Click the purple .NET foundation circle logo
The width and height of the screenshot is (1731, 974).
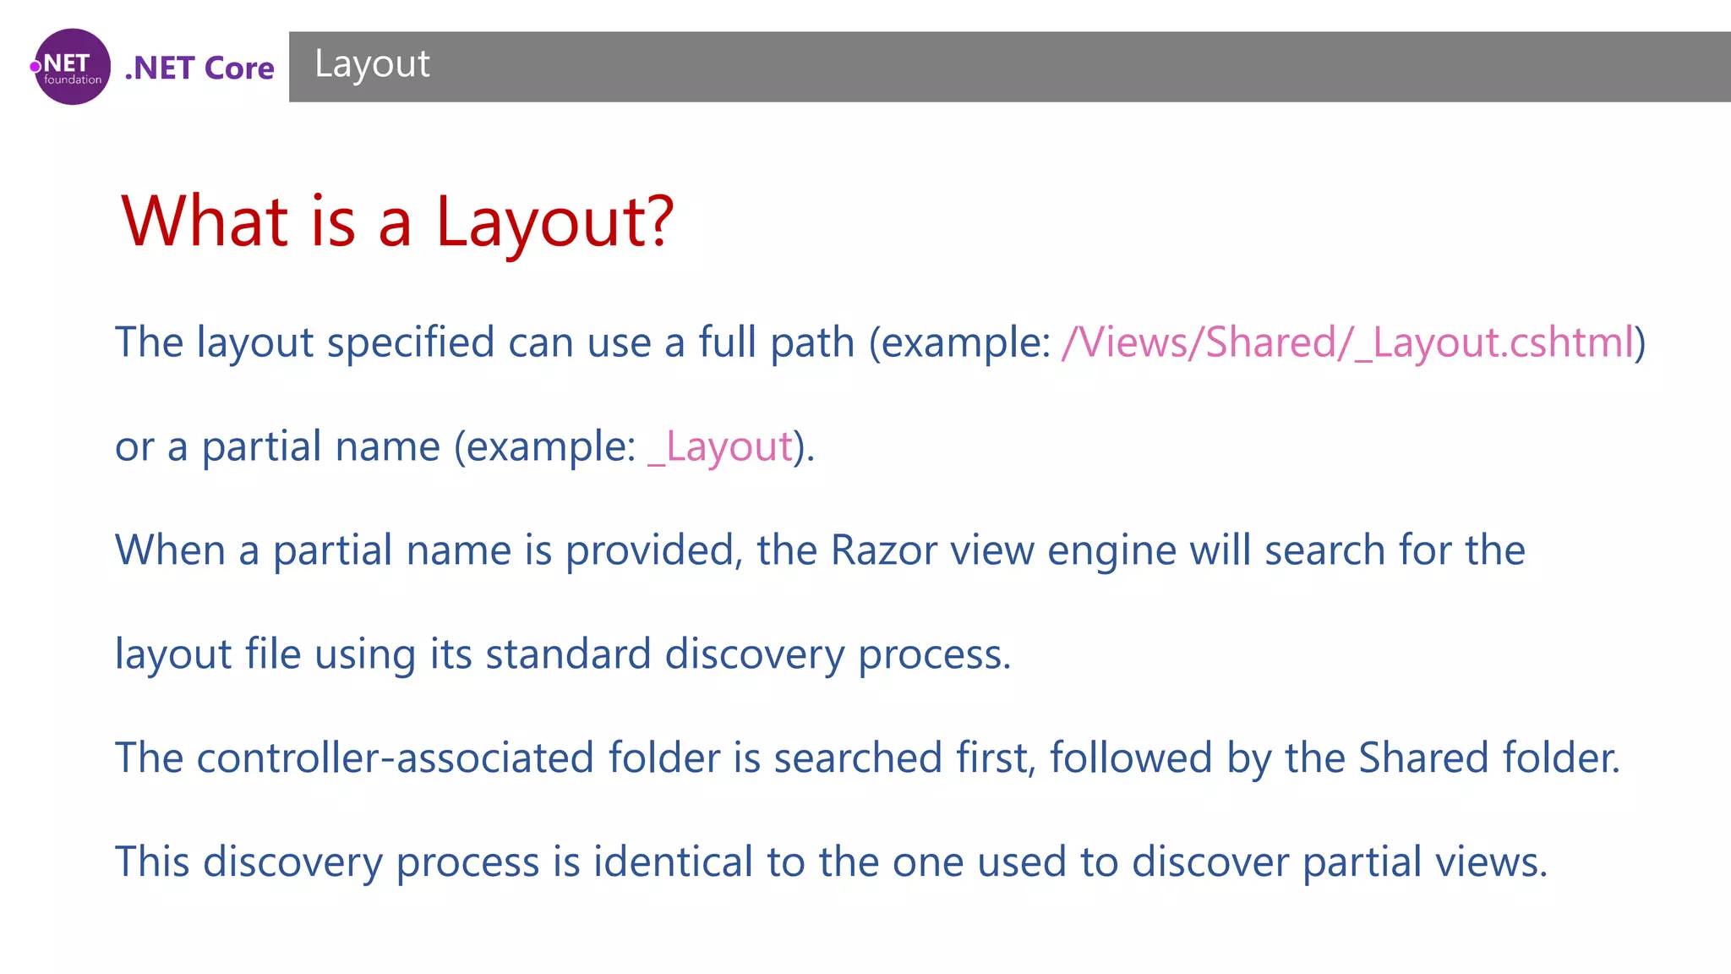click(72, 67)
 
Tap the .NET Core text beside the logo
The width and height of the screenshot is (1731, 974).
click(199, 68)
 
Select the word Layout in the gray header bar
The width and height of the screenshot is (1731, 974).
click(372, 64)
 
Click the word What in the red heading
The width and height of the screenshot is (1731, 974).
click(205, 222)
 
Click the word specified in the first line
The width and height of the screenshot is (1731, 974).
click(411, 343)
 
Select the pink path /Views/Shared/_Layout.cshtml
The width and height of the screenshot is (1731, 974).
click(1347, 343)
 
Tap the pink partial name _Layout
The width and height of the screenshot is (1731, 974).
click(720, 446)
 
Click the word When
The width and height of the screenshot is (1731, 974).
click(170, 550)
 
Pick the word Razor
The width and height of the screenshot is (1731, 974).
click(883, 550)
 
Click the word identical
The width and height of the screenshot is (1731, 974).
click(673, 862)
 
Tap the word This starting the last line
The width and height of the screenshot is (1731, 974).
click(152, 862)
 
